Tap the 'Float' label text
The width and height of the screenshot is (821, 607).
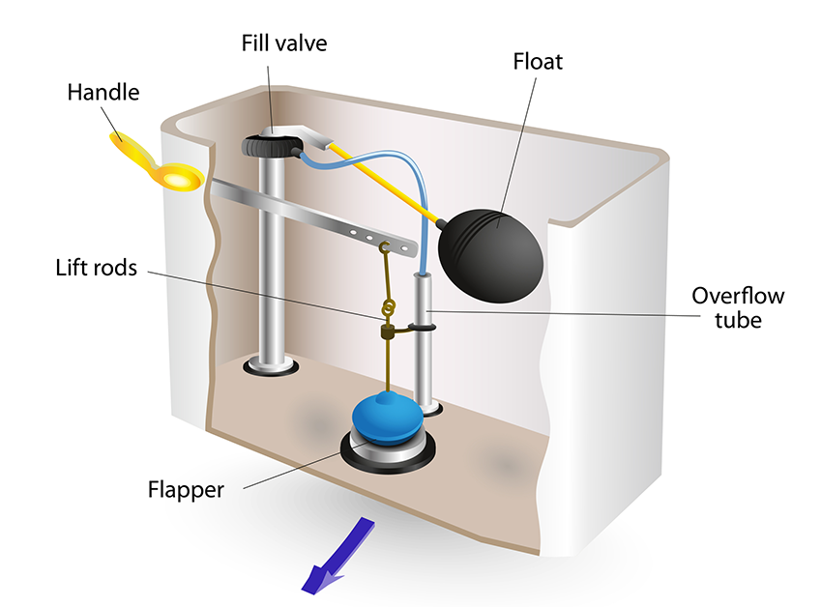click(x=539, y=63)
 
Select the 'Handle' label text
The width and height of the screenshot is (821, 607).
click(x=103, y=93)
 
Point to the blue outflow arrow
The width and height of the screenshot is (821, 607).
click(x=335, y=555)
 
